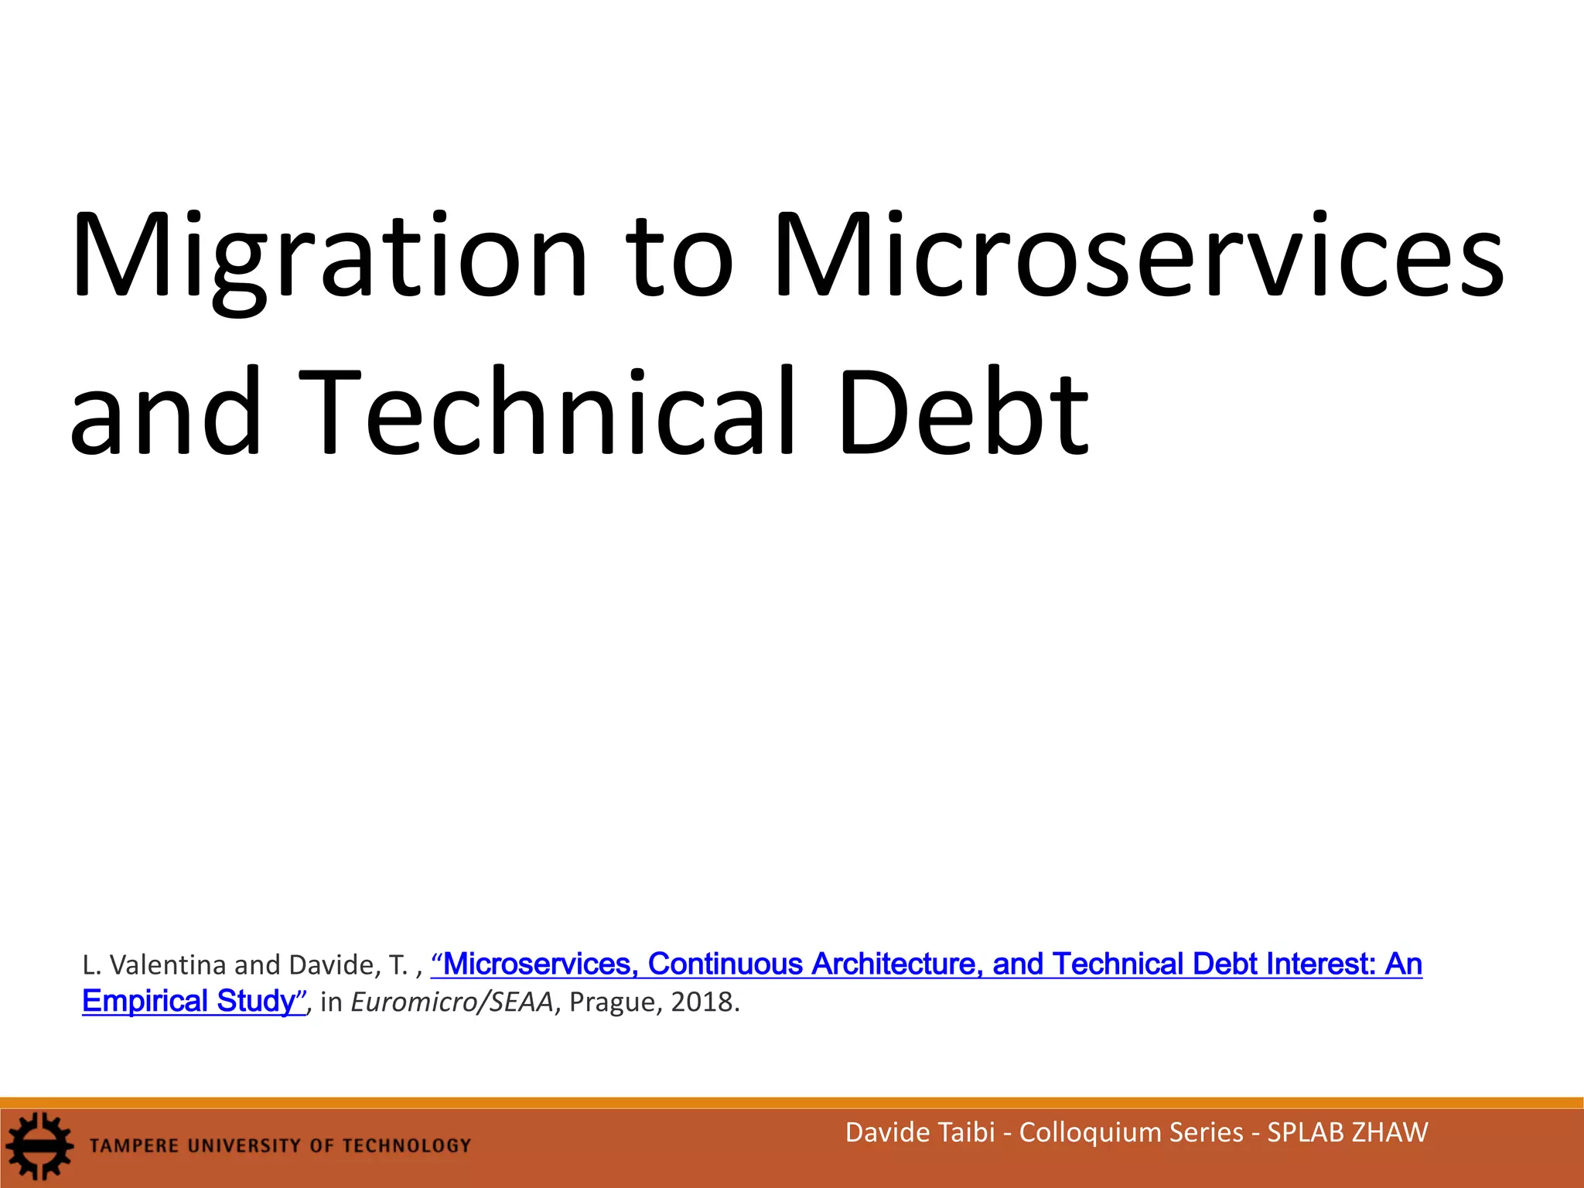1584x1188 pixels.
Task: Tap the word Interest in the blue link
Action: point(1321,964)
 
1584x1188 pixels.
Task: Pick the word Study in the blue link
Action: point(256,1001)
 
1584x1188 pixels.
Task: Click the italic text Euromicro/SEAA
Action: point(452,1002)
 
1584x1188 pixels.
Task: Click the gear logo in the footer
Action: point(39,1145)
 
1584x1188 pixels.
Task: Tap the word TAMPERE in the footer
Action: point(134,1145)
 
